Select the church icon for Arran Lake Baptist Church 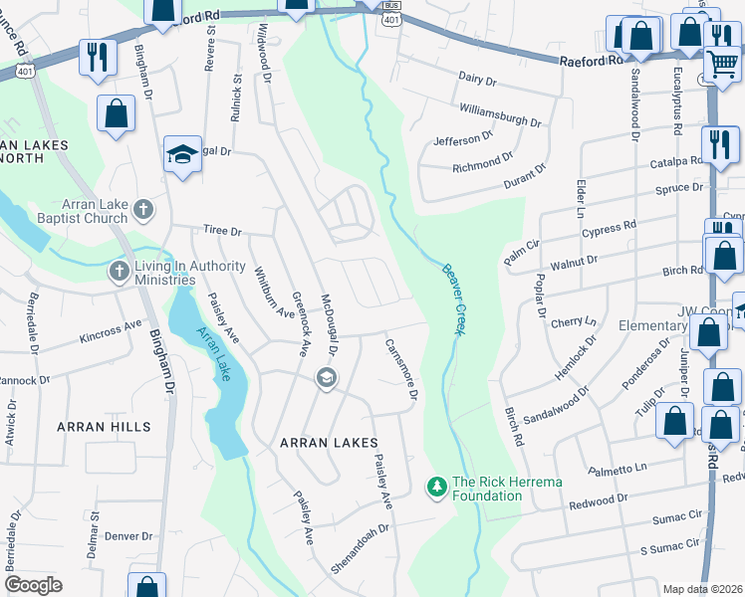[x=143, y=210]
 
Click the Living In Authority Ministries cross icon [x=119, y=272]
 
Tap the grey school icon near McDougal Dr [x=326, y=377]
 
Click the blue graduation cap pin [x=183, y=154]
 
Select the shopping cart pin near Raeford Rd [x=722, y=64]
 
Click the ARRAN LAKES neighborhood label [x=329, y=443]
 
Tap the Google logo [x=33, y=585]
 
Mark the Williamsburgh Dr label [x=500, y=115]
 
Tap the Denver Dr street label [x=128, y=536]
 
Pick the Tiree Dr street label [x=222, y=231]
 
